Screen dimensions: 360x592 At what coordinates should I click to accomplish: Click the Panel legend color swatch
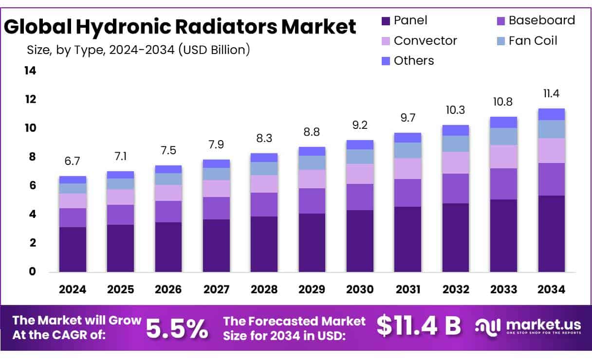[x=386, y=21]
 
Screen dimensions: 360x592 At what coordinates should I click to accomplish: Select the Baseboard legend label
[x=541, y=20]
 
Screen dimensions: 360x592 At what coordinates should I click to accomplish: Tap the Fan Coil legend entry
[x=533, y=40]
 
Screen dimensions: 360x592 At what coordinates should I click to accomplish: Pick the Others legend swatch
[x=386, y=61]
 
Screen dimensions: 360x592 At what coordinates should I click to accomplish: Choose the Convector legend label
[x=425, y=40]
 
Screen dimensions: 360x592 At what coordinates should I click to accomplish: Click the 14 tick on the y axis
[x=30, y=71]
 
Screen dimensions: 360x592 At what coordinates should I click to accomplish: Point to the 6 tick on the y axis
[x=33, y=185]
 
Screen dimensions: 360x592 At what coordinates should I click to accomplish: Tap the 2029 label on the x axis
[x=312, y=289]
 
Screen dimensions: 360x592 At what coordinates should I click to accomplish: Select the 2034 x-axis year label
[x=551, y=289]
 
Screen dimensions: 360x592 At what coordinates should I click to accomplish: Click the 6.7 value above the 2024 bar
[x=73, y=162]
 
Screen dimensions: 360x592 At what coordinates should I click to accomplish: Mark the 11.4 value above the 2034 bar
[x=551, y=93]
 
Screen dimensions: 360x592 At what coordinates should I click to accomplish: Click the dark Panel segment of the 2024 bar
[x=73, y=249]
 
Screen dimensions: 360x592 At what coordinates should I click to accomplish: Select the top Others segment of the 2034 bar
[x=551, y=114]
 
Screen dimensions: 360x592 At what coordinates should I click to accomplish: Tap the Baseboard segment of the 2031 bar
[x=407, y=193]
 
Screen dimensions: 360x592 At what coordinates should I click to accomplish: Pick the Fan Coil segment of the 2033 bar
[x=503, y=136]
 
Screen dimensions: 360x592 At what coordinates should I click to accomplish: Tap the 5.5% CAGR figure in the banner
[x=177, y=329]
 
